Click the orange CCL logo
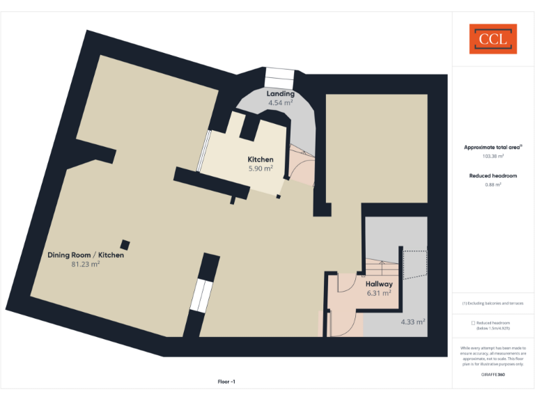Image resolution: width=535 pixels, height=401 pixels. [x=493, y=39]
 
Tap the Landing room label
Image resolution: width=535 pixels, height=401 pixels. [x=280, y=94]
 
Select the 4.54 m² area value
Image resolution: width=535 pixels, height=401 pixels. [x=280, y=103]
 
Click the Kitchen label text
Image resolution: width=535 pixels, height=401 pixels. [x=261, y=159]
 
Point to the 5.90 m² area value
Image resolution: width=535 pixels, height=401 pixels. [x=261, y=168]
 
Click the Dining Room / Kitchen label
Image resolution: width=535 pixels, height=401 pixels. [x=86, y=255]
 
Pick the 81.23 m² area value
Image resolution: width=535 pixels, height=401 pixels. [x=86, y=265]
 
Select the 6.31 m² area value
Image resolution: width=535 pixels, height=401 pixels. [x=379, y=293]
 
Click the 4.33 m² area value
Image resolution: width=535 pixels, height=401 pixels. [x=413, y=322]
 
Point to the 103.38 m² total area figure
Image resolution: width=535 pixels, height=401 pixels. [x=493, y=157]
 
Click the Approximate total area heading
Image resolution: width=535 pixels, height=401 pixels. [x=493, y=147]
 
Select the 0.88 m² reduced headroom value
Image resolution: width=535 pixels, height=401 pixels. [x=493, y=184]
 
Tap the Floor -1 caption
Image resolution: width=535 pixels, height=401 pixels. [x=226, y=382]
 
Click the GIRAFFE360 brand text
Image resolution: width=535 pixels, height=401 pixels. [x=493, y=375]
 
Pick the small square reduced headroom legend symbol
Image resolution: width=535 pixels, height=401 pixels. [x=473, y=323]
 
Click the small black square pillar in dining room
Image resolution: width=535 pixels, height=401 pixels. [x=125, y=244]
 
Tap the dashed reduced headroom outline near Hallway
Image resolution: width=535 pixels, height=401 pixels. [x=414, y=265]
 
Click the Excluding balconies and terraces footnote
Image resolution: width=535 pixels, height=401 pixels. [x=493, y=304]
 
